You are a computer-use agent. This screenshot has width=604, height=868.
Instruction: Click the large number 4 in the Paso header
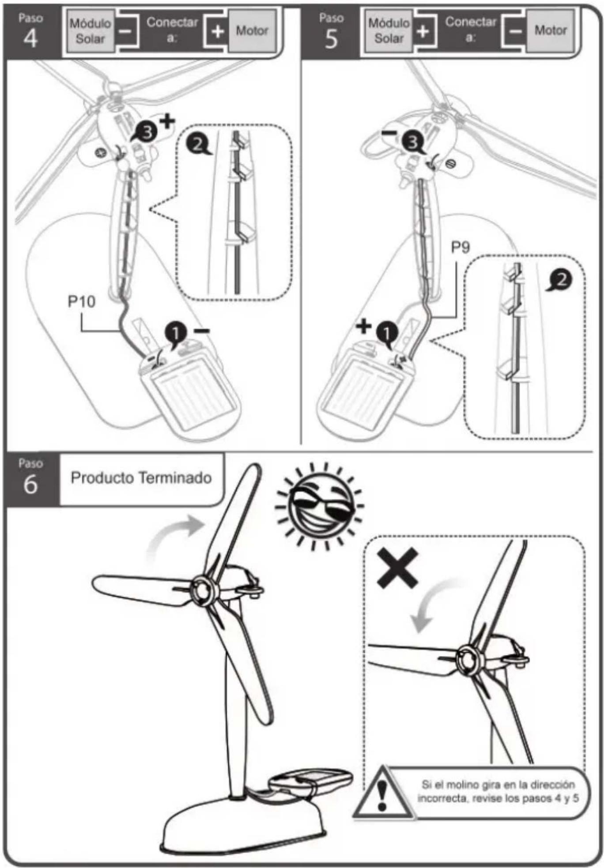click(x=30, y=39)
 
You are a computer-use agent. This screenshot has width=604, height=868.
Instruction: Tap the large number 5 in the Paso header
click(x=331, y=39)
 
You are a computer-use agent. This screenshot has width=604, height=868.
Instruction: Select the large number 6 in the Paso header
click(x=30, y=484)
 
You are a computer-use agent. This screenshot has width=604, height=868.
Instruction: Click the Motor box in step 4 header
click(x=252, y=31)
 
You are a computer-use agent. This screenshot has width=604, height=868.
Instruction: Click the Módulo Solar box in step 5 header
click(x=389, y=31)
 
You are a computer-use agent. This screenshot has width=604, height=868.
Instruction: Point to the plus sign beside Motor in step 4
click(x=218, y=31)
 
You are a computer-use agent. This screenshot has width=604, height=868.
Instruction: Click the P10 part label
click(x=81, y=302)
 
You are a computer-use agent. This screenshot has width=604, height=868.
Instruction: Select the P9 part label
click(x=460, y=247)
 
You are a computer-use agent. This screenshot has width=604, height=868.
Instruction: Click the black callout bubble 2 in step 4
click(x=198, y=144)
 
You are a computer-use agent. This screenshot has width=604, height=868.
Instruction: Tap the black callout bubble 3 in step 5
click(x=413, y=142)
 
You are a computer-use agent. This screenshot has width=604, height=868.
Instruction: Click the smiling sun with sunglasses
click(x=319, y=506)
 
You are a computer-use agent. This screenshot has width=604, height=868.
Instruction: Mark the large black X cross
click(x=397, y=568)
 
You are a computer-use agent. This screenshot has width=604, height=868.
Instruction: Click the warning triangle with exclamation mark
click(x=382, y=793)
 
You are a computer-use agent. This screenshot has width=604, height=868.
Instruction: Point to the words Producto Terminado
click(x=141, y=478)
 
